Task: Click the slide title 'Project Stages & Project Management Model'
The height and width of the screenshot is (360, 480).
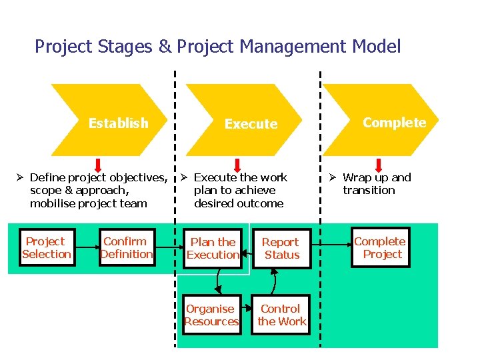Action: (x=217, y=47)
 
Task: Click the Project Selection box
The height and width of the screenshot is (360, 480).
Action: (x=47, y=248)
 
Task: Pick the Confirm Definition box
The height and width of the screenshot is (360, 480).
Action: (x=127, y=248)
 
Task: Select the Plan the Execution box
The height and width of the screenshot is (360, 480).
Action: (x=213, y=249)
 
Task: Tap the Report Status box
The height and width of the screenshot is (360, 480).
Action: (x=281, y=249)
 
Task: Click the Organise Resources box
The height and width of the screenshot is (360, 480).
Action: (x=211, y=315)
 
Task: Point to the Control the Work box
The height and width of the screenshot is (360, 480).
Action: (x=281, y=315)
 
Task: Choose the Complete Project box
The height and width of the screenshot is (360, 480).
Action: (x=380, y=248)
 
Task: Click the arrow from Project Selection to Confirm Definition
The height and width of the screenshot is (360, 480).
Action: (x=87, y=248)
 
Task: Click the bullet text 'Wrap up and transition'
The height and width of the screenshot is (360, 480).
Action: (x=377, y=183)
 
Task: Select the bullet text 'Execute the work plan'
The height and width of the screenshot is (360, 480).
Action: (x=240, y=183)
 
